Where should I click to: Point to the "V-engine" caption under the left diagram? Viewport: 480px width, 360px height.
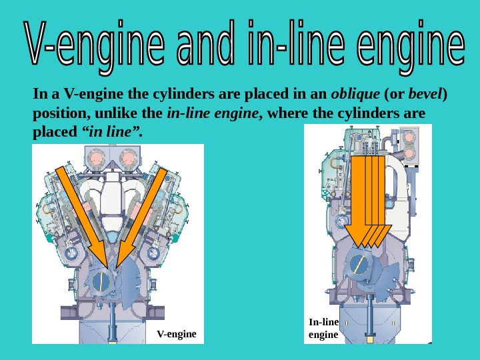[176, 333]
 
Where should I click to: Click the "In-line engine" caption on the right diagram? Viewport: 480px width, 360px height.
[323, 328]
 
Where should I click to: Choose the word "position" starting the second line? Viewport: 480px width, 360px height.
[57, 113]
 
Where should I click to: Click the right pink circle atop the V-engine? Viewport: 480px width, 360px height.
[128, 158]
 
